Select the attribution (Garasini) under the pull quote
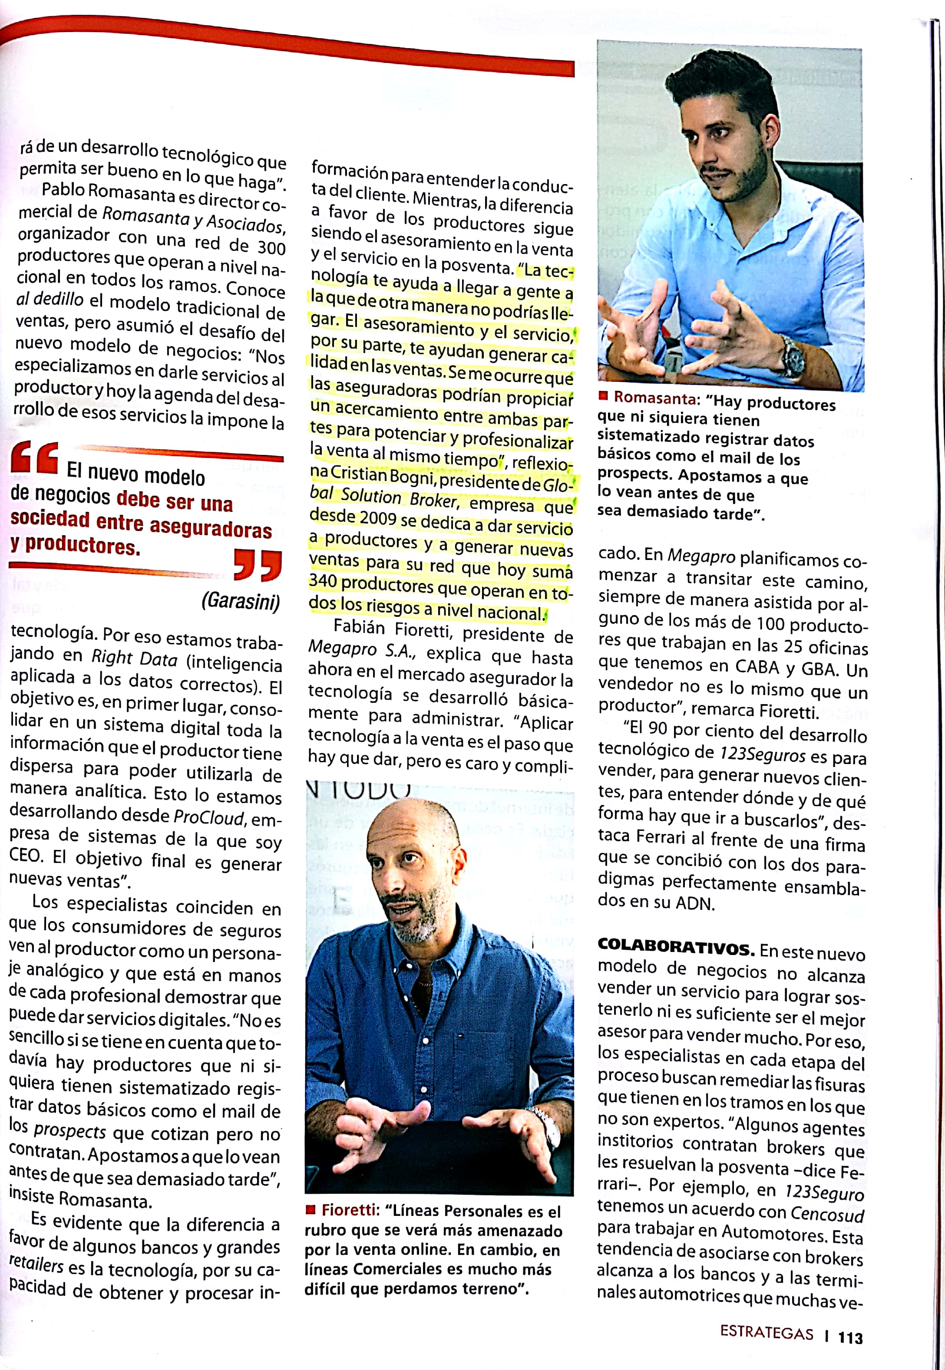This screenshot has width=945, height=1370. click(x=241, y=601)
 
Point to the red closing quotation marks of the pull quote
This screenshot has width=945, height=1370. click(x=258, y=565)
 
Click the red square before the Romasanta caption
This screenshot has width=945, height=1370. click(x=603, y=395)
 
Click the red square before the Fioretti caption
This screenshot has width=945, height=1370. click(x=310, y=1210)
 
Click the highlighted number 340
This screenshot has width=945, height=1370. click(x=323, y=581)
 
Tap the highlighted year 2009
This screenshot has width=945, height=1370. click(x=378, y=518)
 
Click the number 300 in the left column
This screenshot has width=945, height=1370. click(x=271, y=247)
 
